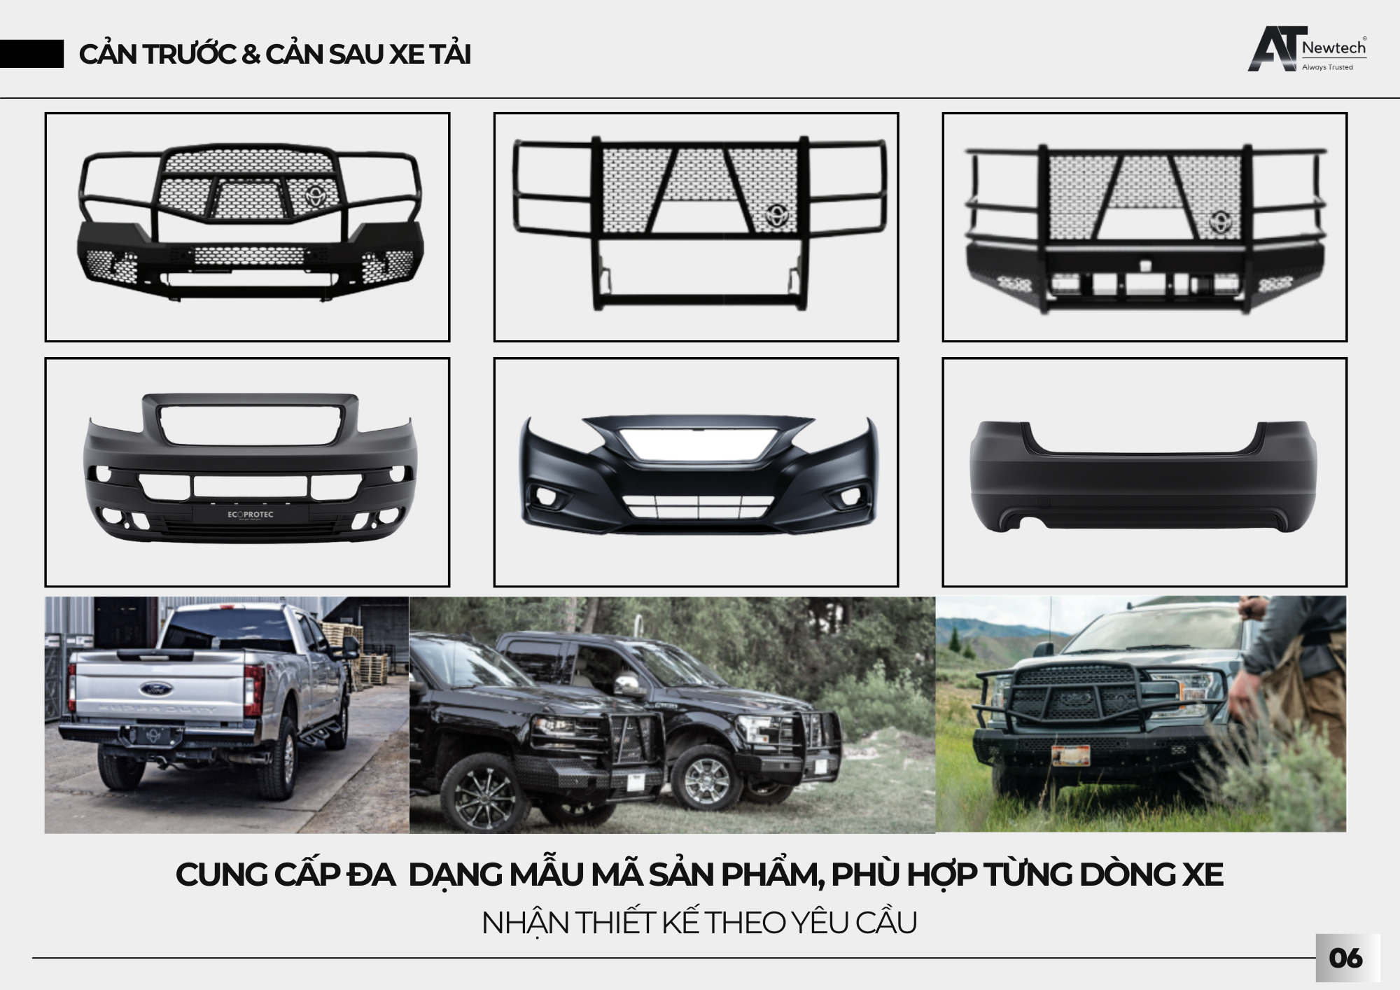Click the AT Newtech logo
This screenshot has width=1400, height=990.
[x=1306, y=49]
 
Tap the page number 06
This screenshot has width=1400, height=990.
[x=1345, y=958]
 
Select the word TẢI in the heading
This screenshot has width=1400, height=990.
[x=449, y=55]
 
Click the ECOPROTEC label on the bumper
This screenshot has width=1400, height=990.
[x=251, y=515]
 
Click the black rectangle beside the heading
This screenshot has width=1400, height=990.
[x=31, y=55]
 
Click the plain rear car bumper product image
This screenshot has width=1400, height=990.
[x=1144, y=474]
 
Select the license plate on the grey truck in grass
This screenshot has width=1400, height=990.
[x=1070, y=755]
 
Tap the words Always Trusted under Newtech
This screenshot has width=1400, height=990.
[x=1327, y=67]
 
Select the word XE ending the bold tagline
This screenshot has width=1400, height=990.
[x=1203, y=875]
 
